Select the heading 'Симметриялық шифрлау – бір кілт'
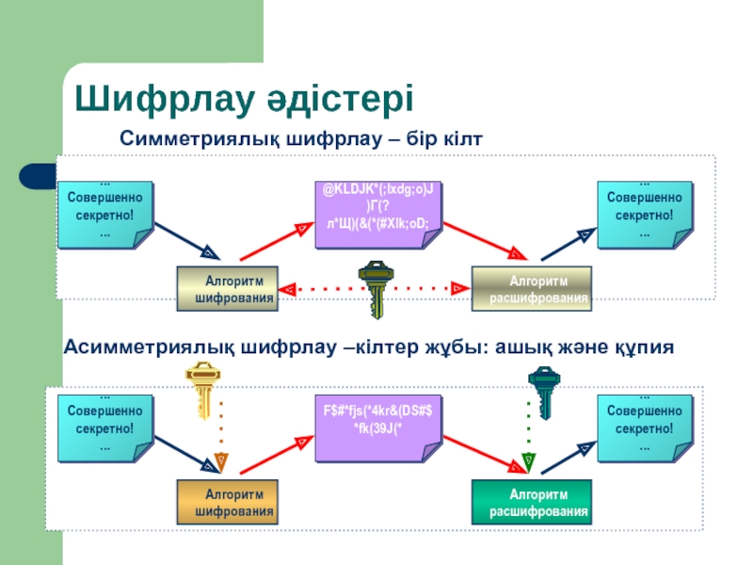(x=300, y=139)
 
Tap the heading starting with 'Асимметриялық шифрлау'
(x=368, y=347)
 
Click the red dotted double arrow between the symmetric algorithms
(x=424, y=285)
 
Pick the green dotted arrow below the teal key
(x=529, y=435)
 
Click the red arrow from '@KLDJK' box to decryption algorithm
(x=480, y=239)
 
